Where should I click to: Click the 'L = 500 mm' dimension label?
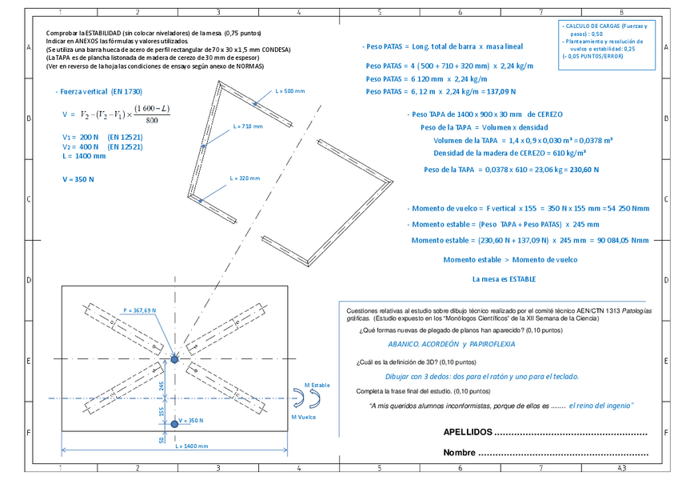click(x=289, y=91)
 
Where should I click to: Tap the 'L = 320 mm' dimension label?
click(x=245, y=178)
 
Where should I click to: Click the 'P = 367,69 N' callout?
click(x=139, y=310)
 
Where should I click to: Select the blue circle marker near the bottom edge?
click(x=175, y=420)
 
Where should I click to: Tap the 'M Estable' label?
click(x=317, y=386)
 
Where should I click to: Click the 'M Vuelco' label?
click(x=305, y=417)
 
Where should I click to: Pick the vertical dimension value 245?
click(x=162, y=386)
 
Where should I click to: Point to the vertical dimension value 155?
click(x=162, y=411)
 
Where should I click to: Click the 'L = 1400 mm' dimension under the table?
click(x=192, y=446)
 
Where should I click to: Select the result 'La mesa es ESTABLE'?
click(x=504, y=279)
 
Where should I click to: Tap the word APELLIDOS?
click(x=468, y=432)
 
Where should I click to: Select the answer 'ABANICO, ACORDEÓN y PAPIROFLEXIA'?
click(x=451, y=343)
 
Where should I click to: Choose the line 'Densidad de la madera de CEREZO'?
click(x=509, y=153)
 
